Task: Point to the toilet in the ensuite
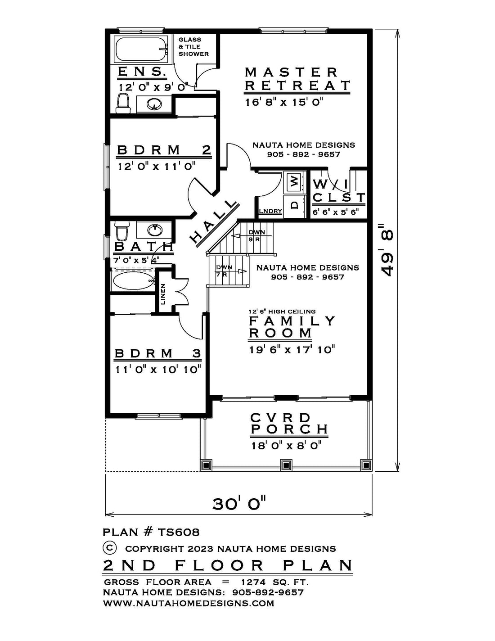click(x=123, y=103)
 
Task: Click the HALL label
click(x=212, y=222)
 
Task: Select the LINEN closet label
click(x=163, y=294)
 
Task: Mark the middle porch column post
click(x=285, y=465)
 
